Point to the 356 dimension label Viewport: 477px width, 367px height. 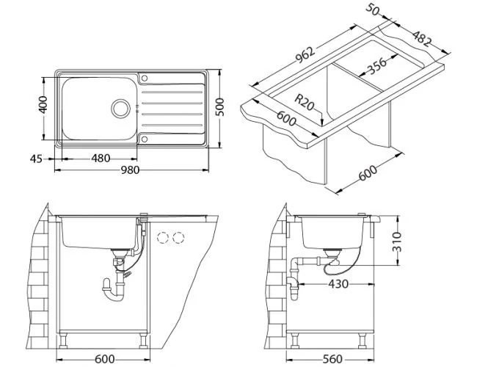[x=375, y=66]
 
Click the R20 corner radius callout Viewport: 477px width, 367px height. [x=305, y=102]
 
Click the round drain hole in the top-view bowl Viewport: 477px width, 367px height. [x=120, y=108]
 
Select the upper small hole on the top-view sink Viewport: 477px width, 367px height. [x=145, y=79]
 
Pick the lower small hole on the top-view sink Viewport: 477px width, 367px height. [x=145, y=138]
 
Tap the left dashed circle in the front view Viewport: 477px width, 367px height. [x=163, y=238]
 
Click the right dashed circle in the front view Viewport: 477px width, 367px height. [x=177, y=238]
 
